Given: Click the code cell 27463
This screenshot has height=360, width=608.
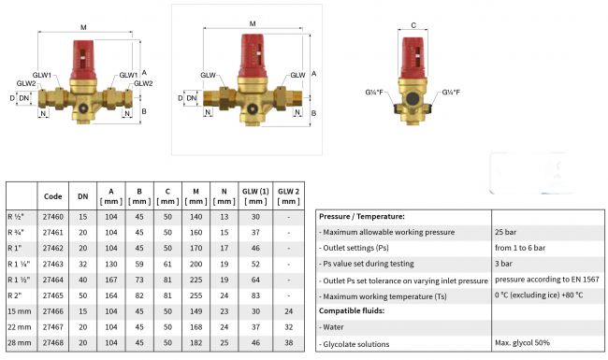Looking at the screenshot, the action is pyautogui.click(x=52, y=264).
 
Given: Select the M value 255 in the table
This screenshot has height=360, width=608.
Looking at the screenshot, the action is pyautogui.click(x=195, y=295).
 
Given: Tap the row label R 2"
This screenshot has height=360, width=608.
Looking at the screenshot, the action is pyautogui.click(x=15, y=295).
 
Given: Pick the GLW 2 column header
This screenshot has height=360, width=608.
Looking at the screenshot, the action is pyautogui.click(x=288, y=196).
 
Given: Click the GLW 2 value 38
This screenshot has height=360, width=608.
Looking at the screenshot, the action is pyautogui.click(x=288, y=342).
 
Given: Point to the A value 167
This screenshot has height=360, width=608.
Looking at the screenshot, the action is pyautogui.click(x=111, y=280).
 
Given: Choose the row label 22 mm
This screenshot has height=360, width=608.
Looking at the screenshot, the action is pyautogui.click(x=20, y=327).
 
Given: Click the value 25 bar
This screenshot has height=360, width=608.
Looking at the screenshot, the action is pyautogui.click(x=506, y=232).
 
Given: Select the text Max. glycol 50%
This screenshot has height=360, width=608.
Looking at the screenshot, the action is pyautogui.click(x=522, y=342).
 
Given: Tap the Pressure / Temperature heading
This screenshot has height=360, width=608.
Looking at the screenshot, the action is pyautogui.click(x=362, y=216).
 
